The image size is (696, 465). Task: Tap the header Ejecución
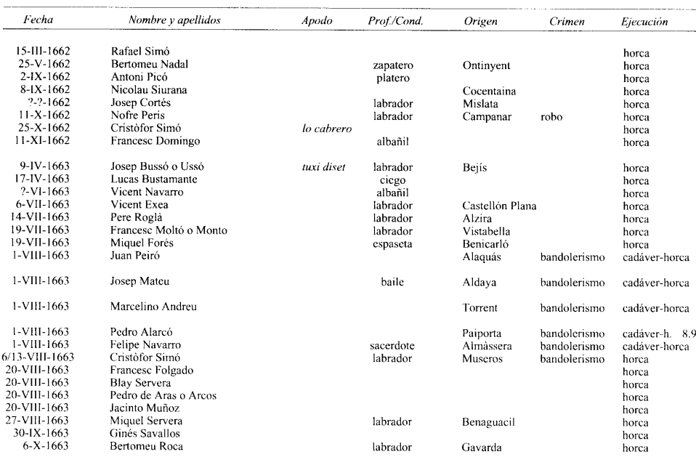tap(645, 22)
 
